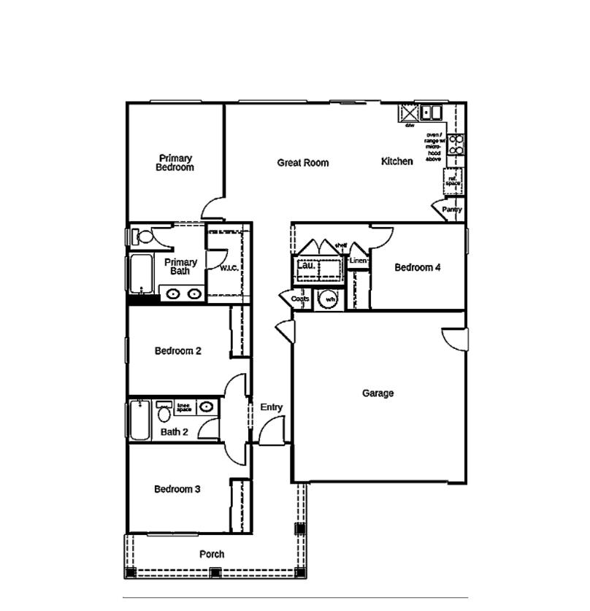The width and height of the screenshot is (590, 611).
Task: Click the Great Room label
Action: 302,163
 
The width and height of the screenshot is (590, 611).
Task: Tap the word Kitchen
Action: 396,161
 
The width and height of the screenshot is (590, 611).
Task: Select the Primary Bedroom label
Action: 175,163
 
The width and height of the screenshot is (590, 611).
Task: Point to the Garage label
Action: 378,393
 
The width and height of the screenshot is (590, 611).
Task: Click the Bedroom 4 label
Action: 417,268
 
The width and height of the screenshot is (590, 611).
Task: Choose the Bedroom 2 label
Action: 178,351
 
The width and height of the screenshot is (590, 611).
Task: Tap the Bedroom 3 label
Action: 177,489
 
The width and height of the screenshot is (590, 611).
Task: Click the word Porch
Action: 212,555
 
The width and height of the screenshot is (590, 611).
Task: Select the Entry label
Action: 271,407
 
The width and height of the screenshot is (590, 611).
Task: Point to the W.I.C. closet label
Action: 229,268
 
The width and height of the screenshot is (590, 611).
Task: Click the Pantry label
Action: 452,210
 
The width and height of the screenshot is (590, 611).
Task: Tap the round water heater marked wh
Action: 330,299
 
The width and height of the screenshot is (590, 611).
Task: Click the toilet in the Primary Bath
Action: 142,237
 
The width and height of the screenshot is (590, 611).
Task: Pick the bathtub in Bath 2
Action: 139,420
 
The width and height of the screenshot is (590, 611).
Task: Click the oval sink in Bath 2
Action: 207,407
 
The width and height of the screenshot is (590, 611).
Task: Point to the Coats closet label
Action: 300,299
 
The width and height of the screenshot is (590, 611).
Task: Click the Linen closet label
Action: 357,261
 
